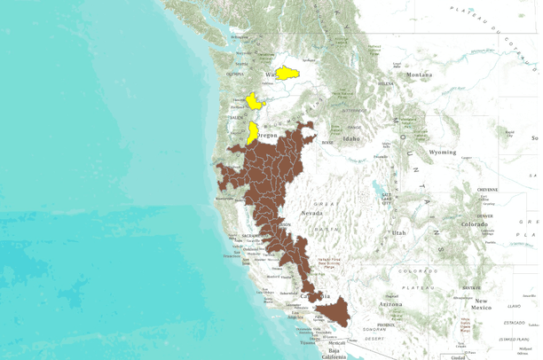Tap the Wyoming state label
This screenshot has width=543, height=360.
(x=442, y=152)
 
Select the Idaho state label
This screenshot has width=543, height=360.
(x=352, y=139)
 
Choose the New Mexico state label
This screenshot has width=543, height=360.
(x=482, y=302)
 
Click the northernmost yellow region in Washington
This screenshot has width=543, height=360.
(x=286, y=74)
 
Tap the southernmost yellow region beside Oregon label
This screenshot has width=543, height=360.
(x=253, y=133)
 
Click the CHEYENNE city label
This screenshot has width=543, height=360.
(x=489, y=189)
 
